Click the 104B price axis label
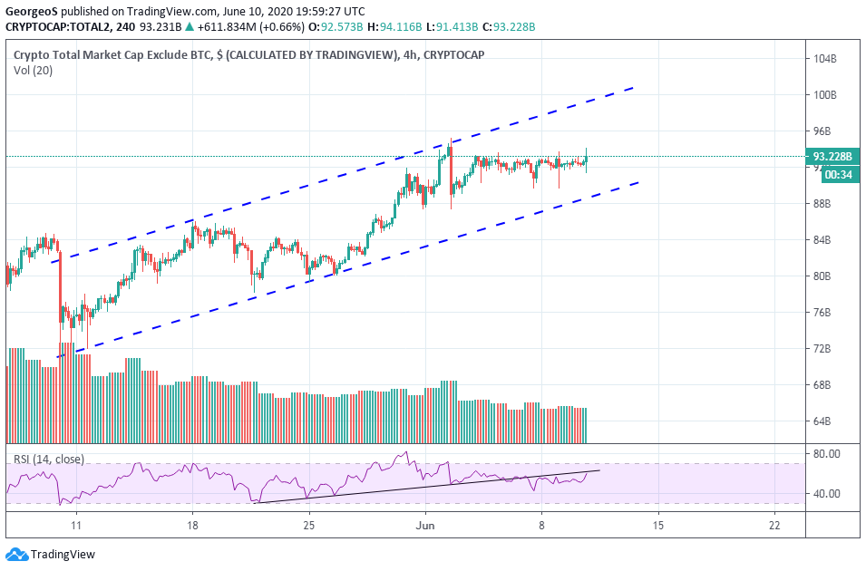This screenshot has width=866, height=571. pyautogui.click(x=825, y=59)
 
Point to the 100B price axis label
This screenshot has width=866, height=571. pyautogui.click(x=825, y=95)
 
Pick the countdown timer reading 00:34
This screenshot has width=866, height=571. pyautogui.click(x=835, y=175)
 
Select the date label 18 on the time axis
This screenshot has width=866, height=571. pyautogui.click(x=192, y=525)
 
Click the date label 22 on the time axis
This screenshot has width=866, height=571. pyautogui.click(x=774, y=525)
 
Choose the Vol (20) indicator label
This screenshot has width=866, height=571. pyautogui.click(x=34, y=71)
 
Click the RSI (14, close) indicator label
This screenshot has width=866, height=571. pyautogui.click(x=49, y=459)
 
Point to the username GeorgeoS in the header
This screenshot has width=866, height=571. pyautogui.click(x=32, y=12)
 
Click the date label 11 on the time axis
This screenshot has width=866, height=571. pyautogui.click(x=76, y=525)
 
